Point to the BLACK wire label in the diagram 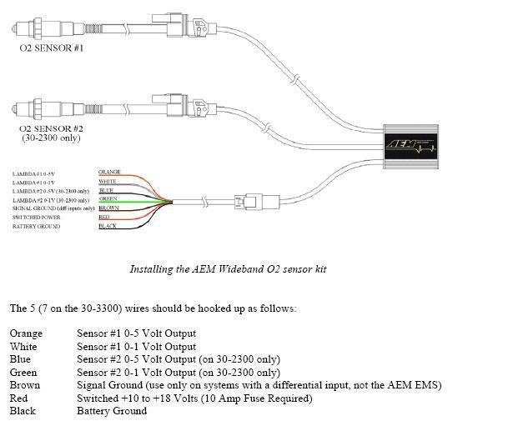pos(108,227)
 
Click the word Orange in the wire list pos(27,333)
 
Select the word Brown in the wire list pos(25,385)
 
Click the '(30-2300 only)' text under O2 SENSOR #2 pos(53,138)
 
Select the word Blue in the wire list pos(22,359)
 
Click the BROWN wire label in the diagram pos(109,208)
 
